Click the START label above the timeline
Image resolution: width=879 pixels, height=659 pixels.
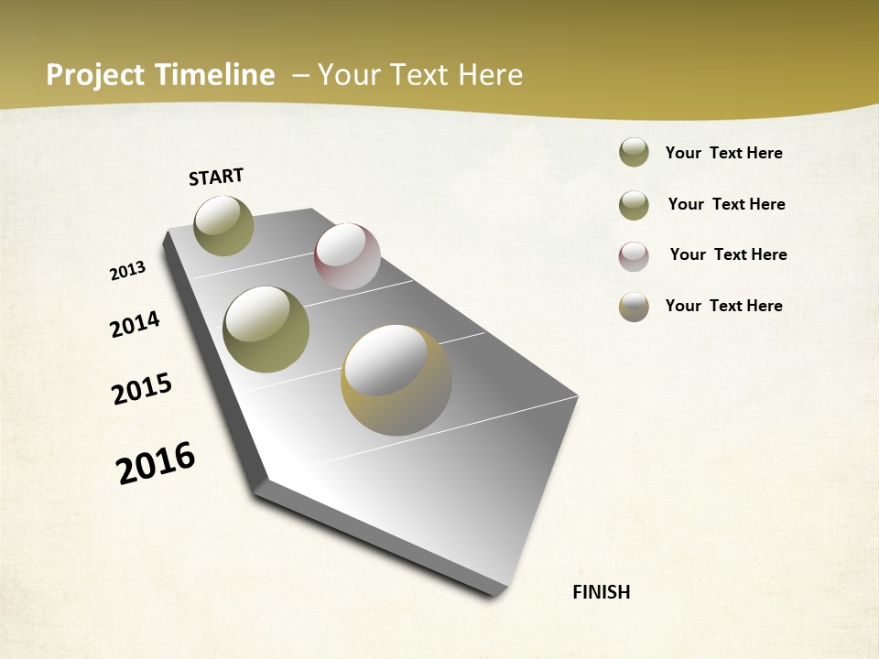click(216, 177)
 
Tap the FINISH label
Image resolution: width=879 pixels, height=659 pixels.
click(602, 592)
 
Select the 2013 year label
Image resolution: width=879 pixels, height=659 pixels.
click(127, 271)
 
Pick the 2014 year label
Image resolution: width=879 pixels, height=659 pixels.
click(135, 324)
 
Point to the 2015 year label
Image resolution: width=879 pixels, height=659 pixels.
click(142, 389)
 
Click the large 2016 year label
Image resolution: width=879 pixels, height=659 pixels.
click(156, 462)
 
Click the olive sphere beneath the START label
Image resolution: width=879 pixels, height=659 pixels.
click(224, 226)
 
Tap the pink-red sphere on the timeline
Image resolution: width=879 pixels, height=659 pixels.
click(347, 255)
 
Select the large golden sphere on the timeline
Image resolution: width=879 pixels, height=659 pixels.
click(396, 380)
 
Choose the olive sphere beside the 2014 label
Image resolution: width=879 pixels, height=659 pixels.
click(266, 329)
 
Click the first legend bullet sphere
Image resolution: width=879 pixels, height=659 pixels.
click(634, 153)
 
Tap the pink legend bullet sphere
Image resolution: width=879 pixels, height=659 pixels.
click(634, 256)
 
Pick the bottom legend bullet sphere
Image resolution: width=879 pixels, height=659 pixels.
click(634, 307)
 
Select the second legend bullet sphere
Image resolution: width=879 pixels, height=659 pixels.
click(634, 205)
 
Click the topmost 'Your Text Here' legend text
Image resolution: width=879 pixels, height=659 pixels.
click(723, 153)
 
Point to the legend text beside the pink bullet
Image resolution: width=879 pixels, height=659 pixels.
click(728, 254)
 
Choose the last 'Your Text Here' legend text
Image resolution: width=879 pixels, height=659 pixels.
click(723, 306)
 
